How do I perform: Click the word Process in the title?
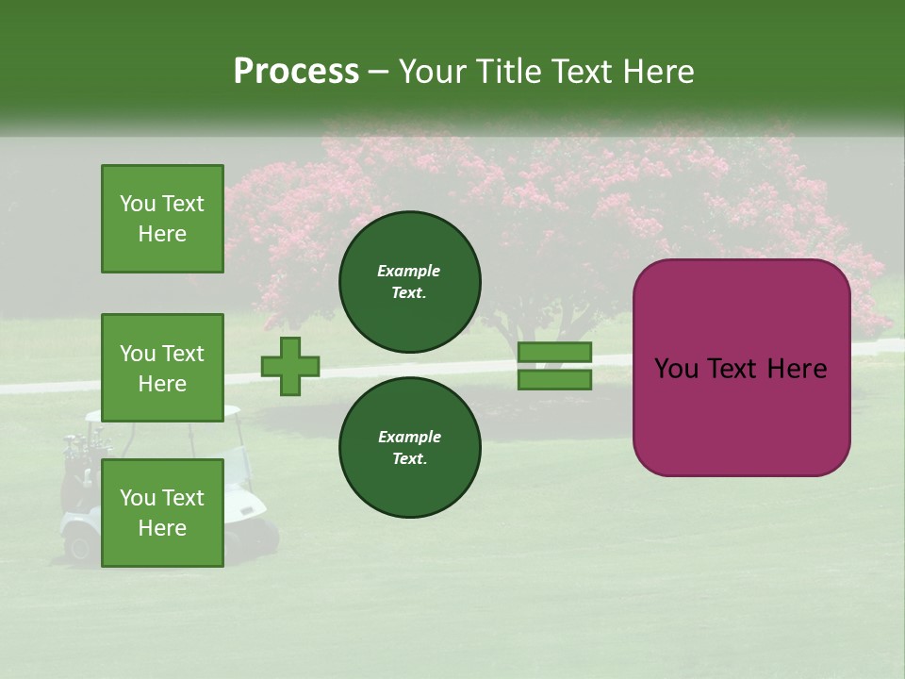[296, 72]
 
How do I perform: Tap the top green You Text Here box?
[162, 219]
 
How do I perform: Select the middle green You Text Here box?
[162, 368]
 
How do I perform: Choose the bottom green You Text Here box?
[162, 512]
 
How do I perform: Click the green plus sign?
[290, 367]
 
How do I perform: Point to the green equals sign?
[554, 366]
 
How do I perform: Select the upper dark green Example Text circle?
[409, 281]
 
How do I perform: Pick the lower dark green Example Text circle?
[409, 447]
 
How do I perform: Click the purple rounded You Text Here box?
[741, 367]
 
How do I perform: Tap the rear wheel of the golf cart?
[79, 545]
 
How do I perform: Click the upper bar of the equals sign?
[554, 353]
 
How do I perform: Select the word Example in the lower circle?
[409, 437]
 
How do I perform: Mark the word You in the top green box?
[137, 204]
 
